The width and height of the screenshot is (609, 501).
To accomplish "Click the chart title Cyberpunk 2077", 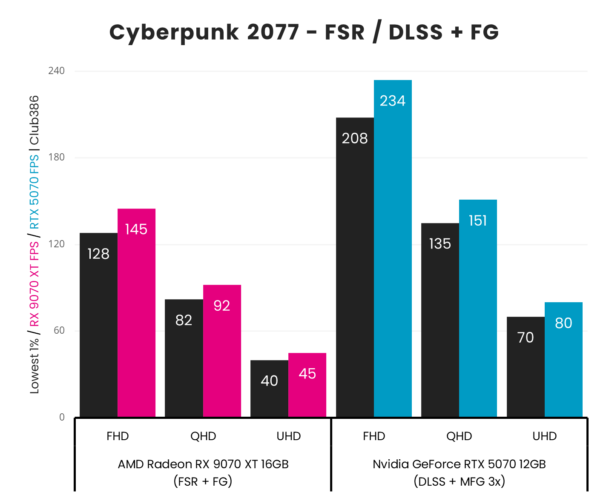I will [304, 32].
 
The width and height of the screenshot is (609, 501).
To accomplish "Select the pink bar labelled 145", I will [136, 313].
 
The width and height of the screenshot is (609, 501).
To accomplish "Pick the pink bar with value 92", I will [222, 351].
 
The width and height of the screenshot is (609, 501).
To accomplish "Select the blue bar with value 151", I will [478, 308].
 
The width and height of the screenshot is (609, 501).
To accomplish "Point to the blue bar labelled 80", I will [563, 360].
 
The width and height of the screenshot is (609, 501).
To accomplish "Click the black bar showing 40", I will [269, 389].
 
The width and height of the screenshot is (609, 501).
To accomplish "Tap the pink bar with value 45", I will [307, 385].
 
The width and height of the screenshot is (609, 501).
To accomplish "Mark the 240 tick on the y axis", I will [56, 71].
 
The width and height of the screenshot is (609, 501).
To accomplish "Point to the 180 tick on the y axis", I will [56, 157].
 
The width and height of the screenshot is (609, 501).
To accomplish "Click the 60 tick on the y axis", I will [58, 331].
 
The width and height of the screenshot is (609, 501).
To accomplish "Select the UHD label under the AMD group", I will [289, 436].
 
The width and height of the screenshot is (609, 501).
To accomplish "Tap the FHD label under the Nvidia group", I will [374, 436].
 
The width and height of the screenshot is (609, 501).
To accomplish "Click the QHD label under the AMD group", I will [203, 436].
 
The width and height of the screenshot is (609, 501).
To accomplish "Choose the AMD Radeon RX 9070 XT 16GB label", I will [203, 464].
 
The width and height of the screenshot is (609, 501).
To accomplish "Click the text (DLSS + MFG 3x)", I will [459, 481].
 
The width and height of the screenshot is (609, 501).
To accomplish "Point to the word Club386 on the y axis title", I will [34, 120].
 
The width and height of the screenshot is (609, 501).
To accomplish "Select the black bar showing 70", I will [526, 367].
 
